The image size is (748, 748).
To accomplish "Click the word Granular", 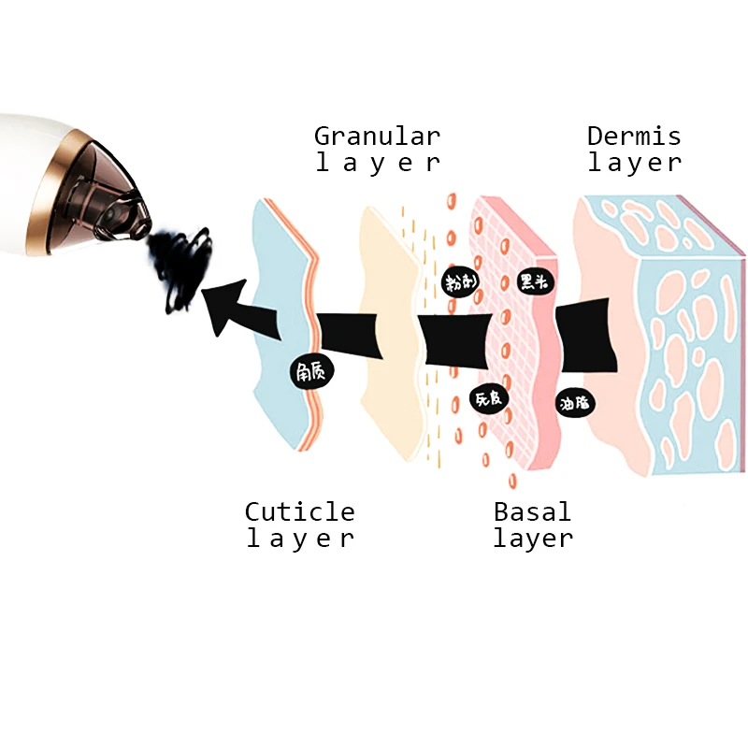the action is coord(377,136).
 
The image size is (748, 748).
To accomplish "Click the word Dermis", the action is coord(634,136).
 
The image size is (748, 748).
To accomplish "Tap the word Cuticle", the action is coord(299,511).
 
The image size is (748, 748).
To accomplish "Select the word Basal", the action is coord(532,511).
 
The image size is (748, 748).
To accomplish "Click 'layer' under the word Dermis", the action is coord(634,163).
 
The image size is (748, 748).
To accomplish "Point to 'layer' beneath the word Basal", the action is coord(532,539).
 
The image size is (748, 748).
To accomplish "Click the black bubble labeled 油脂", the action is coord(577,403).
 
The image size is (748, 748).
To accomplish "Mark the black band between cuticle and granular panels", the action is coord(351,337).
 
